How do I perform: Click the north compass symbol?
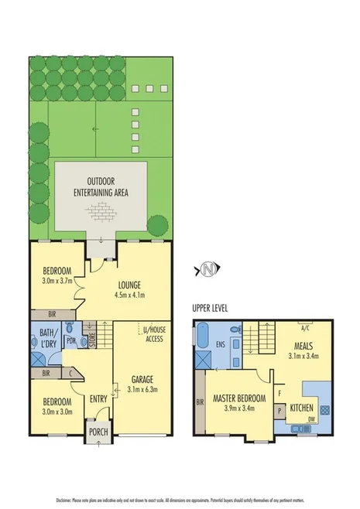207,269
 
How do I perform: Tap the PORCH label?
98,432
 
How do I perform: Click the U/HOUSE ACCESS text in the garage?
155,334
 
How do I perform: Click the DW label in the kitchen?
311,420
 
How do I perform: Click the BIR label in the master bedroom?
201,402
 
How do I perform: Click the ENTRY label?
98,398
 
